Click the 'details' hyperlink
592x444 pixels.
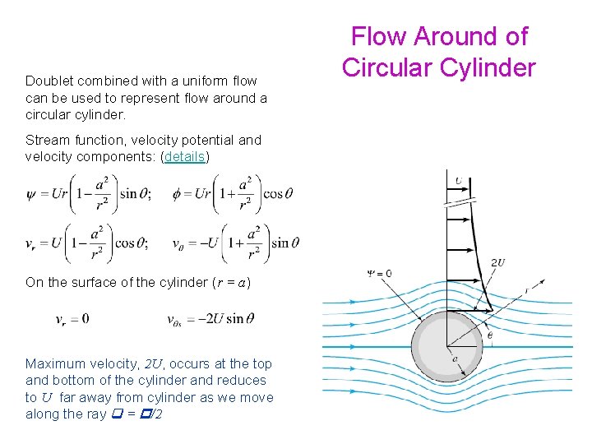185,156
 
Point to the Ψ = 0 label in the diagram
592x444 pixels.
379,273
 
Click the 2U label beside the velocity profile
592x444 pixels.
497,263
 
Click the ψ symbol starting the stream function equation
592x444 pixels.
31,195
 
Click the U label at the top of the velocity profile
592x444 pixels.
458,181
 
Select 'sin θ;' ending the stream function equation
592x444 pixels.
136,195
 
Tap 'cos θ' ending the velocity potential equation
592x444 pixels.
278,195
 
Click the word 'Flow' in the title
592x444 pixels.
381,36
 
